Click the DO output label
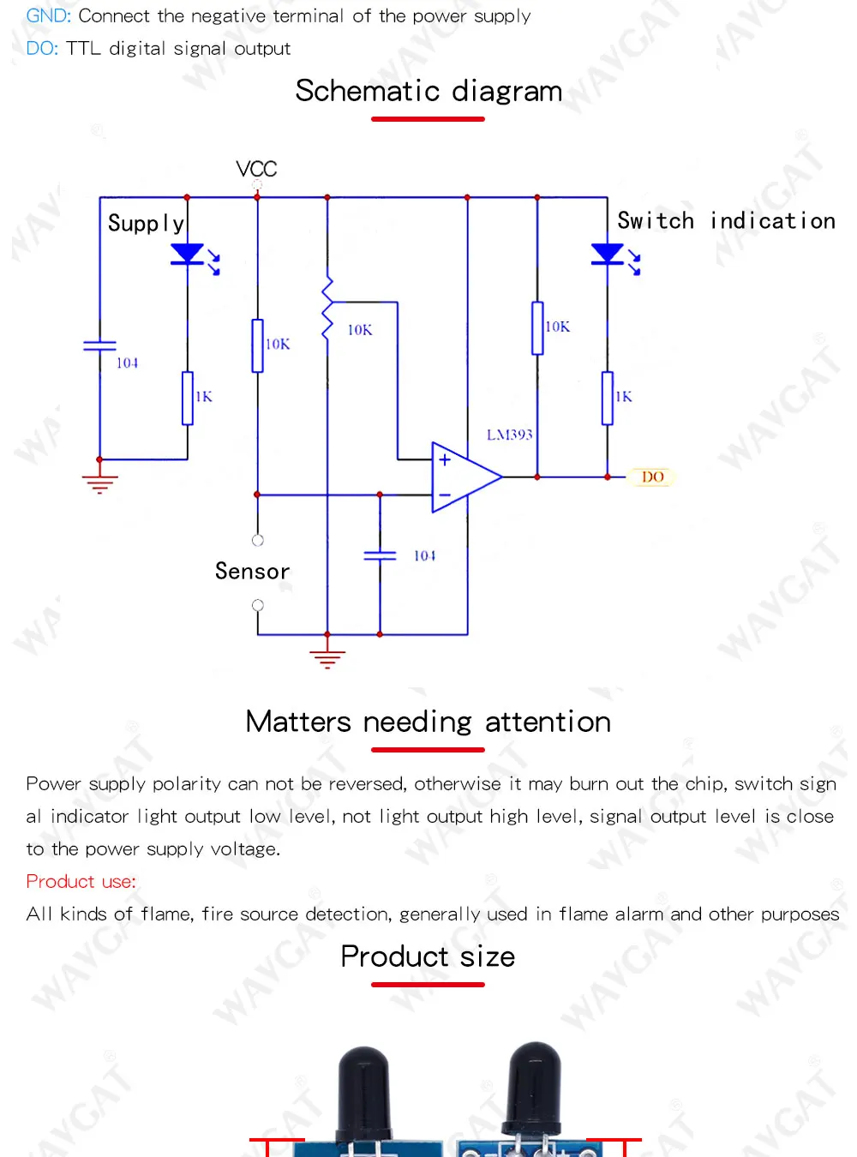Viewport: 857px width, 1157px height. [652, 477]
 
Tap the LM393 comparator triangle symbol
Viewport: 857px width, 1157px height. [464, 477]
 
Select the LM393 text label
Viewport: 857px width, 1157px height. [509, 435]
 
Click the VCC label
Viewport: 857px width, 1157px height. [256, 169]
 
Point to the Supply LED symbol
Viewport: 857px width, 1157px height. [188, 255]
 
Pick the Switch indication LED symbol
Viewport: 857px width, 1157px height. [608, 255]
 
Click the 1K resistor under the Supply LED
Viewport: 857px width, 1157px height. [188, 398]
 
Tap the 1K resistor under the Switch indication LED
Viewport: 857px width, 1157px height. [608, 398]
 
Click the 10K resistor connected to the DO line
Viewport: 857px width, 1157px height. [537, 327]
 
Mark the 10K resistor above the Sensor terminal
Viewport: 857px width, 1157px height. [257, 345]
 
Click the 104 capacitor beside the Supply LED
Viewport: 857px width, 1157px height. [99, 345]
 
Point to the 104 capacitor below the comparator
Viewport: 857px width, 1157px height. [380, 556]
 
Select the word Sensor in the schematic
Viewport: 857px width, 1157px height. [252, 572]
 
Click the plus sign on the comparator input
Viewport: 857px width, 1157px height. [445, 460]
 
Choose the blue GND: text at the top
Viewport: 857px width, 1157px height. [48, 16]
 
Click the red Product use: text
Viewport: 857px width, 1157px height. [81, 882]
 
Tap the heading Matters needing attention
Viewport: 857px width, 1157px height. [428, 722]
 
